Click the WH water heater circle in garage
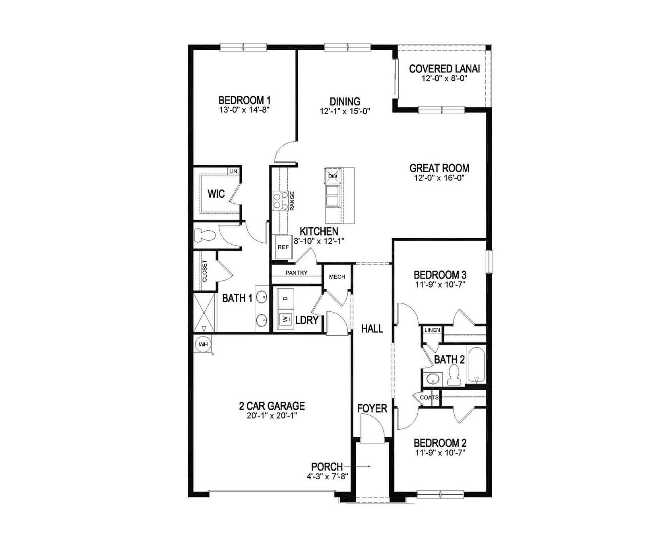(x=203, y=344)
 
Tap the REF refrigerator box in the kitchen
(x=283, y=247)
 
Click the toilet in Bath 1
(x=205, y=236)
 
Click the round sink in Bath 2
(x=432, y=379)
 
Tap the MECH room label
(x=337, y=277)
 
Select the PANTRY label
(x=296, y=273)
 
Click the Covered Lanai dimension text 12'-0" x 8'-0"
(x=444, y=78)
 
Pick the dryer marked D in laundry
(x=285, y=298)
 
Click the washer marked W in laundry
(x=285, y=319)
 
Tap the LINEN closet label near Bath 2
(x=432, y=330)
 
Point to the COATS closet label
(x=429, y=397)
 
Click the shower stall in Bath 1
(x=204, y=313)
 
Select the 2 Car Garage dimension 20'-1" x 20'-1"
(x=272, y=416)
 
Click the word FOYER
(x=372, y=409)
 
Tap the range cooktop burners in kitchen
(x=280, y=200)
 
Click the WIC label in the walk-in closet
(x=216, y=194)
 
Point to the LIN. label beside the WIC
(x=234, y=171)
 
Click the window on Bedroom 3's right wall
(x=489, y=261)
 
